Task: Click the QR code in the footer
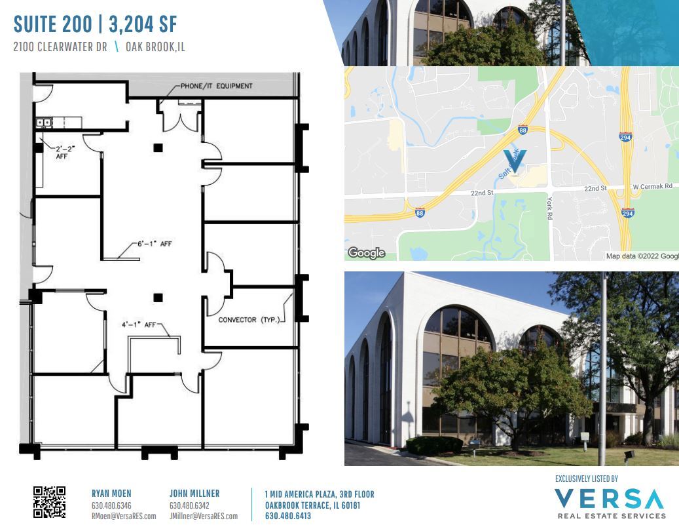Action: (x=49, y=502)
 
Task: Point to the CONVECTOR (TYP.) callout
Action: (x=249, y=320)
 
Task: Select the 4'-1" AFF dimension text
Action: (x=138, y=324)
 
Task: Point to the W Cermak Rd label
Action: (x=652, y=187)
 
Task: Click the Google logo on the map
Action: (x=366, y=253)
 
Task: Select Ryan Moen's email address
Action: (x=124, y=516)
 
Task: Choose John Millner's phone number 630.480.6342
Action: (x=189, y=505)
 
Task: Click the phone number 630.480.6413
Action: (x=288, y=516)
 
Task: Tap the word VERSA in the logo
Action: (x=609, y=500)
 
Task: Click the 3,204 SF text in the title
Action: (x=143, y=26)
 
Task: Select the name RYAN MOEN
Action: (x=111, y=494)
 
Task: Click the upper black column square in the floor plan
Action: (x=158, y=147)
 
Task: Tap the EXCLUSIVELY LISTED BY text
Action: (x=586, y=479)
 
